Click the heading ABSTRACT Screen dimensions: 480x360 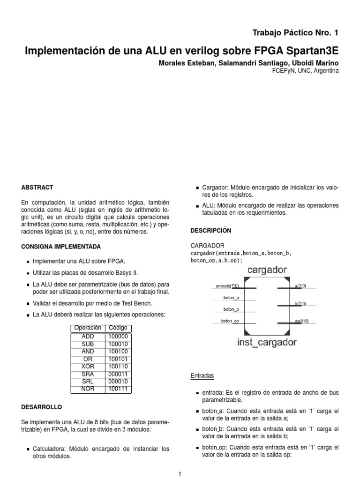point(37,187)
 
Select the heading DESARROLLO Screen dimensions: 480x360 point(41,406)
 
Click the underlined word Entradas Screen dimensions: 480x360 point(202,376)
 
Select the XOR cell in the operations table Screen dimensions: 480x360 point(88,366)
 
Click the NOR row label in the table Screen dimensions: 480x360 point(88,389)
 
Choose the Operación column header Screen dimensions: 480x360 point(88,328)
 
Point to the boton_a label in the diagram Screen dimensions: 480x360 point(232,297)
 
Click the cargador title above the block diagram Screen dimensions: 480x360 point(266,270)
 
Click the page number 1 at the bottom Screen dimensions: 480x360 point(180,474)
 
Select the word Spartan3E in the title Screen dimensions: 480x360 point(315,50)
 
